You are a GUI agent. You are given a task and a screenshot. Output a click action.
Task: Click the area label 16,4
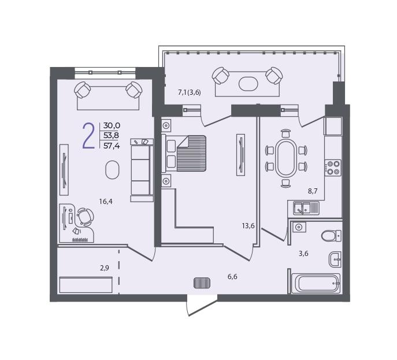(106, 202)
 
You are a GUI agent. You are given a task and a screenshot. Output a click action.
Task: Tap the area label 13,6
(248, 226)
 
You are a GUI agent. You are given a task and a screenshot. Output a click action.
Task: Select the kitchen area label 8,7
(313, 191)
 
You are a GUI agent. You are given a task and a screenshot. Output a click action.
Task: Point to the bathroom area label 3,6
(303, 254)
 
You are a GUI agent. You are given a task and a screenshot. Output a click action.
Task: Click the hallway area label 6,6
(232, 277)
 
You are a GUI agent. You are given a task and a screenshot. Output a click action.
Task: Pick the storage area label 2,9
(105, 268)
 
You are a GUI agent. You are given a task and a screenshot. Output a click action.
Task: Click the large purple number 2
(89, 136)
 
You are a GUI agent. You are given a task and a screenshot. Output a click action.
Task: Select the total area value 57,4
(112, 146)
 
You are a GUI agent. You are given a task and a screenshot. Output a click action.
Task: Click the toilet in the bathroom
(331, 236)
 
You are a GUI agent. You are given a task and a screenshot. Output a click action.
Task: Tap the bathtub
(316, 284)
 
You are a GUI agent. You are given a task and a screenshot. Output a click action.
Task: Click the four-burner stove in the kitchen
(333, 168)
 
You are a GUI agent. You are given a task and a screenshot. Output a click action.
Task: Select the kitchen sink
(303, 208)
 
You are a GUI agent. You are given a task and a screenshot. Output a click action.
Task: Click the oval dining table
(286, 158)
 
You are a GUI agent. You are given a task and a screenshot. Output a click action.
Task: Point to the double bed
(184, 153)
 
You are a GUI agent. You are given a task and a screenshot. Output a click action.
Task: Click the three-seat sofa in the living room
(142, 170)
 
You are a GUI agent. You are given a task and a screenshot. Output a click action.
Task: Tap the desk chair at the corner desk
(86, 217)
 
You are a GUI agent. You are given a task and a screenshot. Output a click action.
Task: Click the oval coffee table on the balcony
(248, 84)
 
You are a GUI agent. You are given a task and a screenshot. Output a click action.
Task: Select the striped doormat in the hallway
(202, 283)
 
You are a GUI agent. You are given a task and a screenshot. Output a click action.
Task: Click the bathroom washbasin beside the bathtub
(335, 259)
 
